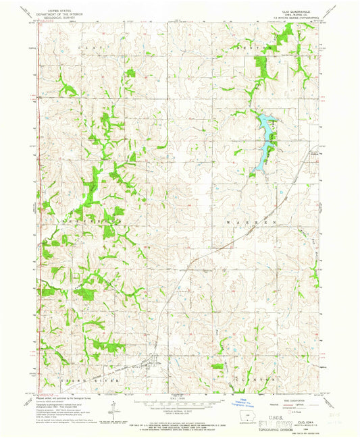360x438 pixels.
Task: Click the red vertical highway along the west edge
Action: click(39, 202)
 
